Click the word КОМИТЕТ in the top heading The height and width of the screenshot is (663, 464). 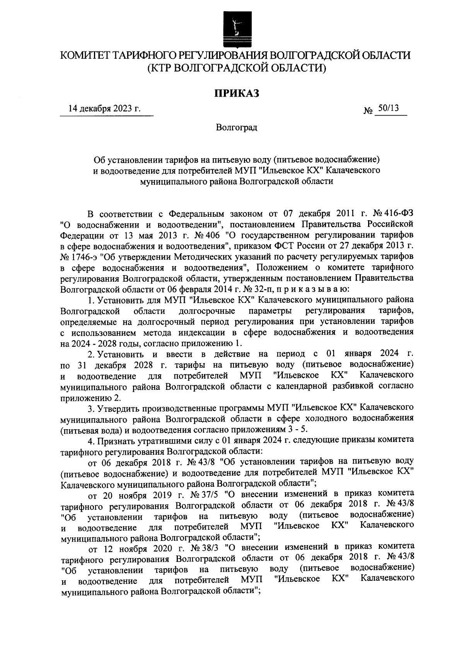tap(84, 56)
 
